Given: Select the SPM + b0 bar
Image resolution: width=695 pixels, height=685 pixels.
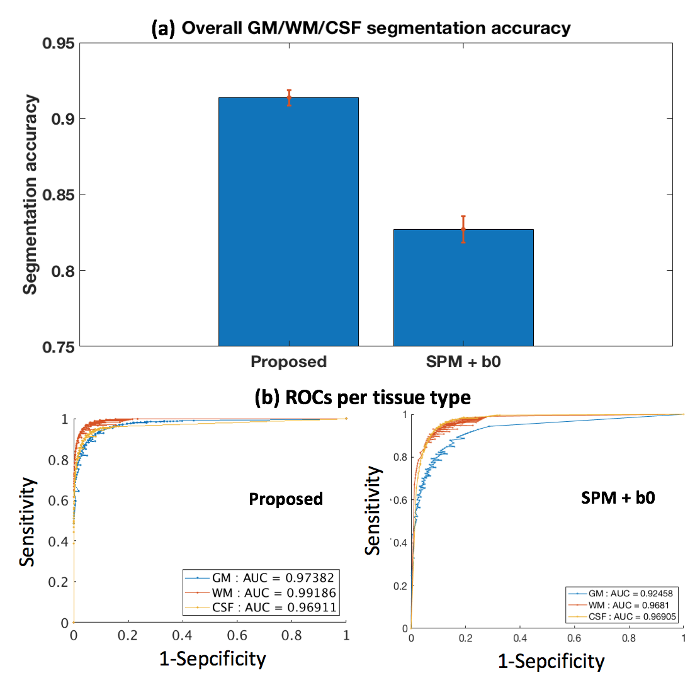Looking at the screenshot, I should coord(463,287).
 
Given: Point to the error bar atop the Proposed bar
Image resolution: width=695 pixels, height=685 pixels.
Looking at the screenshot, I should coord(289,98).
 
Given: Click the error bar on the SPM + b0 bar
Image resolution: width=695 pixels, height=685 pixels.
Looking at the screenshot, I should coord(463,229).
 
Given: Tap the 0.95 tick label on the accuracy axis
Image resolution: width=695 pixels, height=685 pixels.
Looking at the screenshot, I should coord(57,43).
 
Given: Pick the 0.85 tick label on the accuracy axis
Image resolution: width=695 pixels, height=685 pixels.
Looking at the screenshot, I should coord(57,195).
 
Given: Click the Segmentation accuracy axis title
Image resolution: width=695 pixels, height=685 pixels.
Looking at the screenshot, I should coord(30,195).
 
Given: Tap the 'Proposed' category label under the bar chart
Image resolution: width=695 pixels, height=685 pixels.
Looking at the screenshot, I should coord(288,362).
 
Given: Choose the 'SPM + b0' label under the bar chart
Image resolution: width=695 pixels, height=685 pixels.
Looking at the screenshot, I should coord(463,362).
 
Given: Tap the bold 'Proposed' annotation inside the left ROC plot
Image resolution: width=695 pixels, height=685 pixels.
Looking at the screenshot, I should coord(286,499).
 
